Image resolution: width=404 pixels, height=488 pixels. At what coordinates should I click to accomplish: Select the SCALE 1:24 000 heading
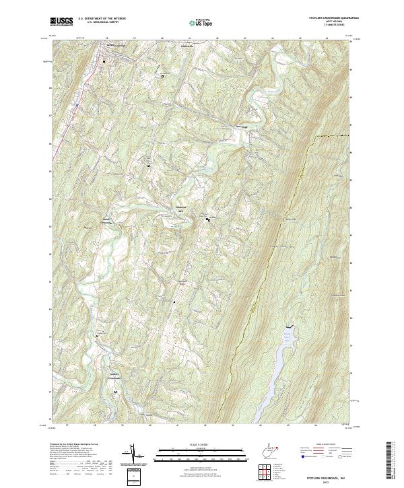pos(193,445)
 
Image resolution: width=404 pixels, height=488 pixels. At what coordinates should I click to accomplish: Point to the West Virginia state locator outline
pos(273,449)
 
